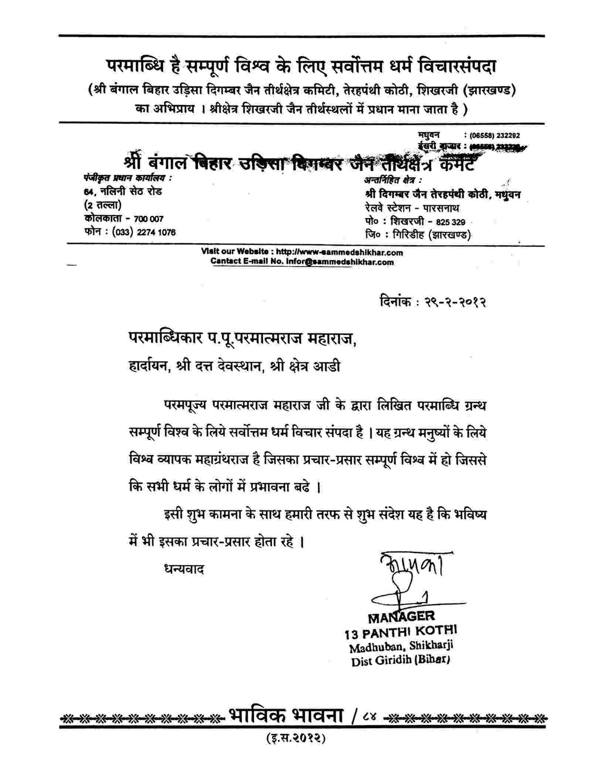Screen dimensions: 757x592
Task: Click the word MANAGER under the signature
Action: click(401, 617)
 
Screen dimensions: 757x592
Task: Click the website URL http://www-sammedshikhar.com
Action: click(339, 252)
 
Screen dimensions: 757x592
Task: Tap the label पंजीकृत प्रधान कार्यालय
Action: click(127, 178)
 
